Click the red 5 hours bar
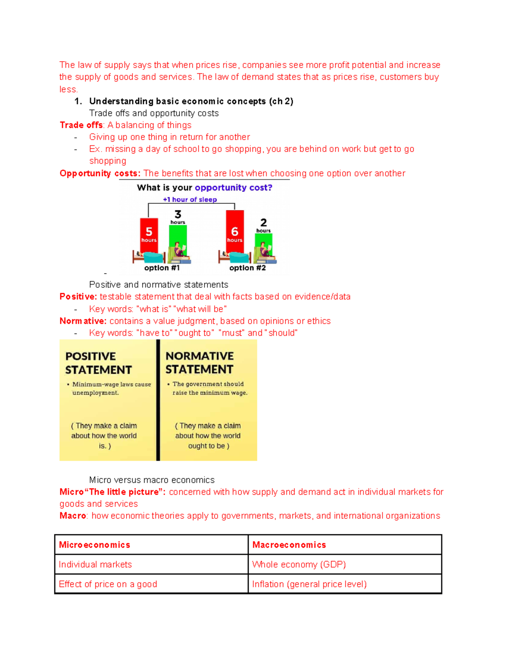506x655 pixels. click(x=149, y=235)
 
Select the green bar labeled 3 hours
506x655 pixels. click(x=178, y=236)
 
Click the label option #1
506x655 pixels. click(x=162, y=268)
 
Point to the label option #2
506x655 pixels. click(x=248, y=268)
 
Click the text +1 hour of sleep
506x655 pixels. click(x=190, y=199)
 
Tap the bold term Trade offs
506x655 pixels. click(x=81, y=125)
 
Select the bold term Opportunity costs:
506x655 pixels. click(x=100, y=173)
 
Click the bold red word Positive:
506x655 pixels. click(x=78, y=297)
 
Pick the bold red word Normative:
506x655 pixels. click(x=83, y=321)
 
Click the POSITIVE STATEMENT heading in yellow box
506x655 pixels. click(x=98, y=363)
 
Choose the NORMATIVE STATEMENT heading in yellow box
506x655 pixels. click(x=199, y=363)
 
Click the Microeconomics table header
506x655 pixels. click(x=94, y=545)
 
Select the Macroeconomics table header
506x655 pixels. click(x=289, y=545)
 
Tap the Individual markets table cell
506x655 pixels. click(x=95, y=564)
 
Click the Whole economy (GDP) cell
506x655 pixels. click(x=299, y=564)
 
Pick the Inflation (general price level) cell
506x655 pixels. click(x=309, y=584)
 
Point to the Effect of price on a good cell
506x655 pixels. click(x=108, y=584)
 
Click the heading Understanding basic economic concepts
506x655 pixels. click(x=177, y=101)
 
